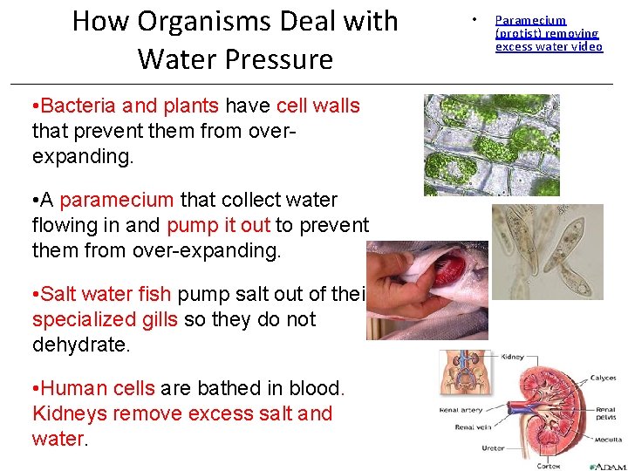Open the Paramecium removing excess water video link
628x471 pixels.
tap(548, 33)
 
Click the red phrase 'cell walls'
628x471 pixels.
tap(317, 106)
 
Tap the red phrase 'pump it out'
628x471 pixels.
tap(218, 225)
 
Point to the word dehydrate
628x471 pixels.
tap(80, 345)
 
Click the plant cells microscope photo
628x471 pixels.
tap(491, 145)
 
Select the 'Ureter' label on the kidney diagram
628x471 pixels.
tap(492, 448)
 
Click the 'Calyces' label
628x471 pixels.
tap(603, 379)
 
